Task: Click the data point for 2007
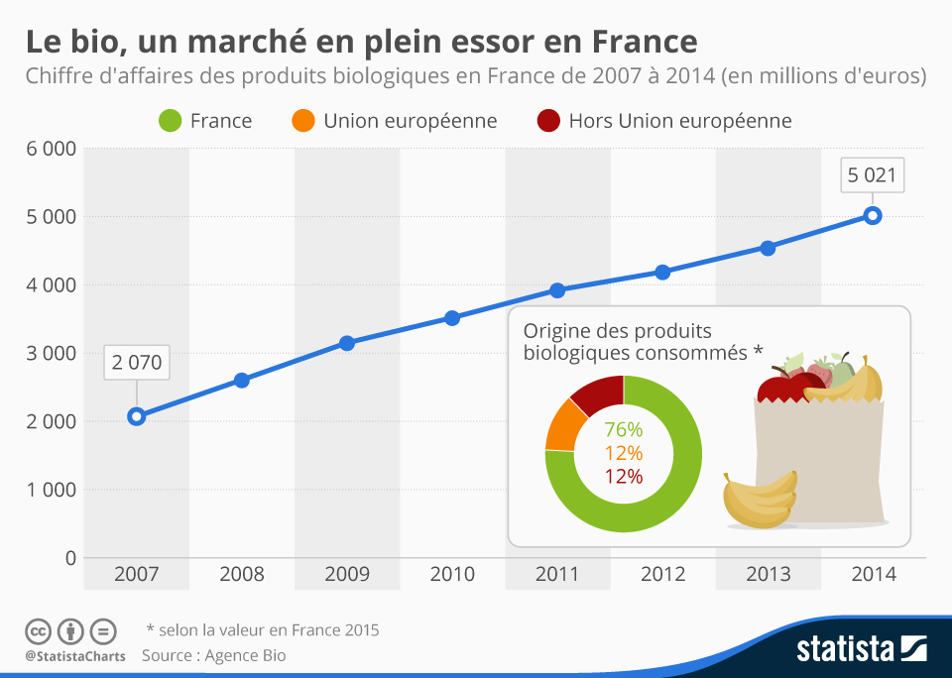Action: click(137, 416)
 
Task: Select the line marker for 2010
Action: click(452, 318)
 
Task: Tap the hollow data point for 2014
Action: click(873, 216)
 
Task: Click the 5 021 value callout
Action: click(873, 176)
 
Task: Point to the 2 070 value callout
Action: click(137, 362)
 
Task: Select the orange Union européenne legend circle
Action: click(302, 121)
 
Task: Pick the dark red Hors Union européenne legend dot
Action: click(548, 121)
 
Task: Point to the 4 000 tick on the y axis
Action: click(50, 285)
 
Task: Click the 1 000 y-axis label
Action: click(50, 490)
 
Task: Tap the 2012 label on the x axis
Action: click(662, 575)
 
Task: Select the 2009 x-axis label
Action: click(347, 575)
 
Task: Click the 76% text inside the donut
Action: click(624, 430)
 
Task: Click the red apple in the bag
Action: click(778, 388)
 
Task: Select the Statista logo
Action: click(861, 649)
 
